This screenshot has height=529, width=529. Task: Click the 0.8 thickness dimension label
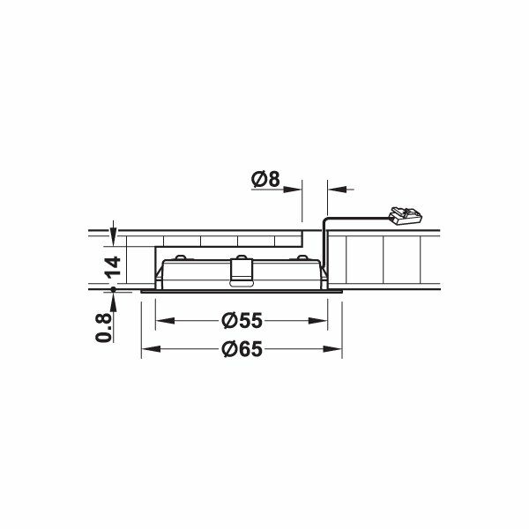click(x=105, y=325)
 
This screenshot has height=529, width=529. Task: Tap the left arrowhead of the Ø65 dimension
click(x=146, y=350)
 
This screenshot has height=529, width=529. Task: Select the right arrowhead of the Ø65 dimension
click(x=339, y=350)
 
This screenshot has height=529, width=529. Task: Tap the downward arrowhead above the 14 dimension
click(x=113, y=233)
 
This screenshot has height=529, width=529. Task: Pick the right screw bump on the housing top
click(x=303, y=257)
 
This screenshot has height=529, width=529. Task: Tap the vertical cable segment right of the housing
click(x=325, y=247)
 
